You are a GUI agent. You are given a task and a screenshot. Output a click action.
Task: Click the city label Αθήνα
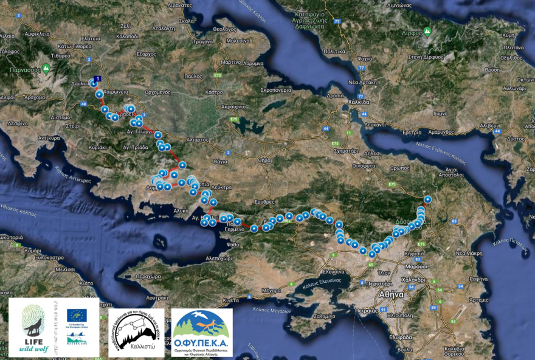(x=392, y=294)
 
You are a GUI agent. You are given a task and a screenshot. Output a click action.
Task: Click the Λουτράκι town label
(x=157, y=298)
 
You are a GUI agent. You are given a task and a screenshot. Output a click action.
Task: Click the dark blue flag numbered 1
(x=98, y=78)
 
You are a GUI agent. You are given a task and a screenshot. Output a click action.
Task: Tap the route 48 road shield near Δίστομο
(x=83, y=105)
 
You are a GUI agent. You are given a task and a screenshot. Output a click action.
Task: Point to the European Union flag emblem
(x=77, y=315)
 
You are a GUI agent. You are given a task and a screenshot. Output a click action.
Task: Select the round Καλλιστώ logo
(x=136, y=332)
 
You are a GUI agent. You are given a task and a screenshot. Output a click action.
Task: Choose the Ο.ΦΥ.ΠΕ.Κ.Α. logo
(x=201, y=332)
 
